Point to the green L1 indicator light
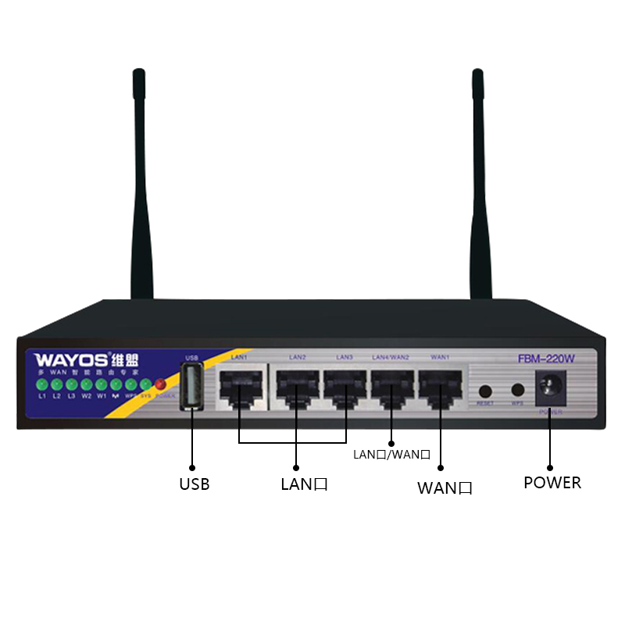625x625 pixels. (x=42, y=384)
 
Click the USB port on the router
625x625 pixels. (x=191, y=387)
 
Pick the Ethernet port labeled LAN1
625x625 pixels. (x=240, y=386)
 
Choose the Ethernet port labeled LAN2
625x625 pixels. (x=296, y=386)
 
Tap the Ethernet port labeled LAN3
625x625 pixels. (x=345, y=386)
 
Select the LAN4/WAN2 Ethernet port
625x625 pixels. (x=391, y=386)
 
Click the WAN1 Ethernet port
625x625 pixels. (x=440, y=386)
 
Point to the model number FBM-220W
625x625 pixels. (x=547, y=360)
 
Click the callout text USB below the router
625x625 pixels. (x=194, y=484)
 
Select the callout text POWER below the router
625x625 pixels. (x=552, y=483)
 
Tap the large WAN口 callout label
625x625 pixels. (x=445, y=489)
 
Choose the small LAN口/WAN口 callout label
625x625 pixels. (x=392, y=454)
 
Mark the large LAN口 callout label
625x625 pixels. (x=304, y=484)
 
